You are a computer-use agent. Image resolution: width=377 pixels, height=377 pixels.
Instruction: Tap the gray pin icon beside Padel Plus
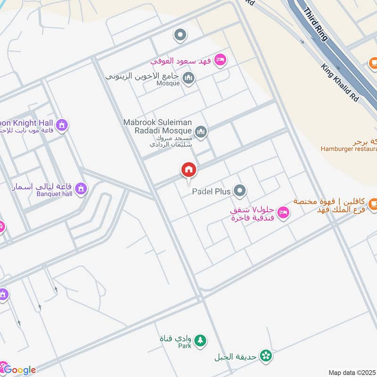point(240,191)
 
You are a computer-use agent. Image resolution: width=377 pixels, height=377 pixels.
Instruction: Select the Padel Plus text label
point(211,192)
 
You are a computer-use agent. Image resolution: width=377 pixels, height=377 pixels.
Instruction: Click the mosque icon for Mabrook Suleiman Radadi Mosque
point(201,131)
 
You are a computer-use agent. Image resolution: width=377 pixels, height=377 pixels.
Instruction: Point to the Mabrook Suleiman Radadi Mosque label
point(157,126)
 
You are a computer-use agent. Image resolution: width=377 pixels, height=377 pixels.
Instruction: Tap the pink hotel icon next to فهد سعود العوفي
point(220,60)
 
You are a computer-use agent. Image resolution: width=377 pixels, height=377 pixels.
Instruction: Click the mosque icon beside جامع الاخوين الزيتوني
point(188,78)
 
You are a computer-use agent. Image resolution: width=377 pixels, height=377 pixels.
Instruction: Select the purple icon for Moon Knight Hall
point(61,125)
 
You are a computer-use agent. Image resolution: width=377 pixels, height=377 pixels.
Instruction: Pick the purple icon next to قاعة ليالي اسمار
point(82,188)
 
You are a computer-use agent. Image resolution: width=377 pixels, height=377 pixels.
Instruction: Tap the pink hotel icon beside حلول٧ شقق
point(283,213)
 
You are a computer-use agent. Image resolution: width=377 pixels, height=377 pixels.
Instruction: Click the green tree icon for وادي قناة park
point(200,340)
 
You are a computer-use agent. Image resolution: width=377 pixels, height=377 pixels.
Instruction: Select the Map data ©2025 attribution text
point(351,372)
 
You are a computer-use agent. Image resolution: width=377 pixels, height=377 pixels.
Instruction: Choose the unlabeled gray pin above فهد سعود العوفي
point(180,34)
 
